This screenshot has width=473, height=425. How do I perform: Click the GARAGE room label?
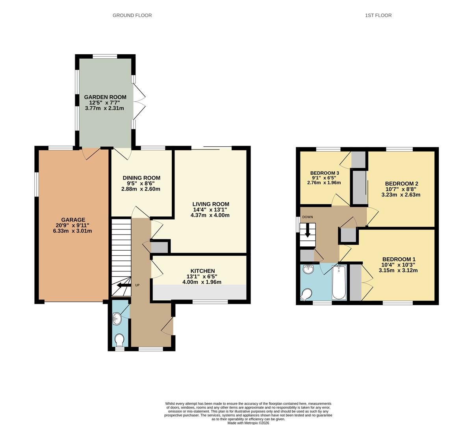pyautogui.click(x=73, y=220)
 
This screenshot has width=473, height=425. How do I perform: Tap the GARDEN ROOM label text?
pyautogui.click(x=105, y=97)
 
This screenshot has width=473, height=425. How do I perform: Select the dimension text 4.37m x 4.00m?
pyautogui.click(x=210, y=215)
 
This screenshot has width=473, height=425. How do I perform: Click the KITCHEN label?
pyautogui.click(x=202, y=271)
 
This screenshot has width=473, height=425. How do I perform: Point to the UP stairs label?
pyautogui.click(x=137, y=285)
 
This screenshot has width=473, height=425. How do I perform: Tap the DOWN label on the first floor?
pyautogui.click(x=308, y=217)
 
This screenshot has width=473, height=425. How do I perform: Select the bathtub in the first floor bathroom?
pyautogui.click(x=339, y=282)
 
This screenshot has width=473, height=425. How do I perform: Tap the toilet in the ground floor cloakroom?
pyautogui.click(x=119, y=339)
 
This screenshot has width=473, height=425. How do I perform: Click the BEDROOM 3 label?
pyautogui.click(x=325, y=173)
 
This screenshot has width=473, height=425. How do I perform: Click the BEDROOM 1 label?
pyautogui.click(x=399, y=259)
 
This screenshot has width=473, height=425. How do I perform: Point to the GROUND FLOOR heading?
pyautogui.click(x=132, y=15)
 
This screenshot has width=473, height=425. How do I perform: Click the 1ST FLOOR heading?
pyautogui.click(x=378, y=15)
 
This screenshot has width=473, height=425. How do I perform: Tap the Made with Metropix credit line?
pyautogui.click(x=248, y=423)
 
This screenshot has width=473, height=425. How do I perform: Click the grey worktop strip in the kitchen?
pyautogui.click(x=199, y=292)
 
